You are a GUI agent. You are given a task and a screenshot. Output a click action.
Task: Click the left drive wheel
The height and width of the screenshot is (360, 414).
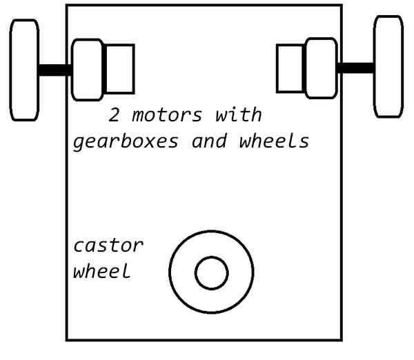coord(24,70)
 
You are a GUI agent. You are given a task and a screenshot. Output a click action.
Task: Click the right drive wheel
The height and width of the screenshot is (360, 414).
coord(388,66)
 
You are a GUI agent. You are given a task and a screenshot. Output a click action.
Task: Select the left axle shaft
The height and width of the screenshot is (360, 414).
coord(55,70)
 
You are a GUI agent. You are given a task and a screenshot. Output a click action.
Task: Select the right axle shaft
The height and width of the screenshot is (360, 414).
coord(355,68)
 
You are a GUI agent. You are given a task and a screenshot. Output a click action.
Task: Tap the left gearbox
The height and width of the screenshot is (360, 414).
coord(88,70)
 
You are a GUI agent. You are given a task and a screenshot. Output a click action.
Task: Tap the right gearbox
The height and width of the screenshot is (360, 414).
coord(322,68)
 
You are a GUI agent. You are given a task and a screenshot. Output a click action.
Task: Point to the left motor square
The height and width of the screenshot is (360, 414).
coord(120,69)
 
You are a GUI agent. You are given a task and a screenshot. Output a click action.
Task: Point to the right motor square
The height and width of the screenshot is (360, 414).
coord(290,69)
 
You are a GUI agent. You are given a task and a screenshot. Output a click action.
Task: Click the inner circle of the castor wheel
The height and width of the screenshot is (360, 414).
coord(212,273)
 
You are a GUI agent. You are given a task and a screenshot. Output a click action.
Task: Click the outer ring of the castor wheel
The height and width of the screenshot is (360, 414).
coord(170,272)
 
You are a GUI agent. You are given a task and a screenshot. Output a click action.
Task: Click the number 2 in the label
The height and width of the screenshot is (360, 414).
coord(114,115)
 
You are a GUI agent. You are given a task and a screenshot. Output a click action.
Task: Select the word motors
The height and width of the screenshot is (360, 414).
coord(167,115)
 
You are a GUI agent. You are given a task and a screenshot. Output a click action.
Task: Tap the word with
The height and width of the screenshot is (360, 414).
coord(239,114)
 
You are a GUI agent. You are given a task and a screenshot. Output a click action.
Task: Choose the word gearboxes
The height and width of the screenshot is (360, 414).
coord(126,142)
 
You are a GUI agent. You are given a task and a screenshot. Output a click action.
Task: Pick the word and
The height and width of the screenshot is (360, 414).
coord(209,141)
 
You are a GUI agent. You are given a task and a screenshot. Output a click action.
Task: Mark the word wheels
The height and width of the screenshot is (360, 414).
coord(274,141)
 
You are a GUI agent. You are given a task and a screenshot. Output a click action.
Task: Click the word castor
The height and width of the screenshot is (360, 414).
coord(108,246)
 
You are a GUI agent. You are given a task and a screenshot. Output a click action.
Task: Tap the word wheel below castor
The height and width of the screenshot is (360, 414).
coord(102,270)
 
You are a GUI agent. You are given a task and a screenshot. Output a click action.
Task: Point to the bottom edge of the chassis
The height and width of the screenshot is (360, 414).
coord(204,340)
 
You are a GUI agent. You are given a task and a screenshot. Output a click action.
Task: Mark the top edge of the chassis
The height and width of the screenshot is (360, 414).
coord(204,5)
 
